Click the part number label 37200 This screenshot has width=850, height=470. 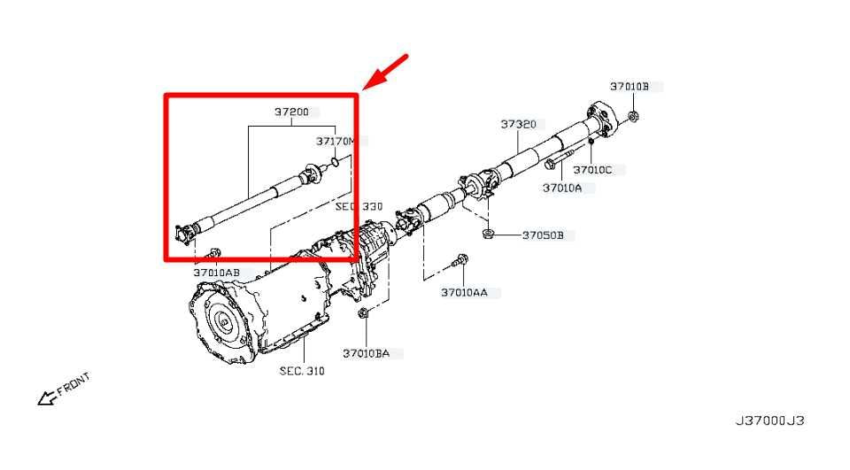(291, 112)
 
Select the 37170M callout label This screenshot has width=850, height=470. (336, 142)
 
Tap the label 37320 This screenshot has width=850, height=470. (518, 125)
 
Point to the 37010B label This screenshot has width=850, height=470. (630, 87)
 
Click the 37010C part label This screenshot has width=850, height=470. (592, 169)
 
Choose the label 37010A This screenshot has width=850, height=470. (562, 188)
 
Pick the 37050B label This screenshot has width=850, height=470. (543, 235)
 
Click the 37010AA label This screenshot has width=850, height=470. (464, 292)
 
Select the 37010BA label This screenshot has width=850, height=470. (366, 353)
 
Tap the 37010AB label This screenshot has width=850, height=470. (216, 273)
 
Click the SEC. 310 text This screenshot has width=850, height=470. (302, 371)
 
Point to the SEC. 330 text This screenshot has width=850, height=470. (359, 206)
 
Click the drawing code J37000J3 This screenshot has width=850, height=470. (769, 420)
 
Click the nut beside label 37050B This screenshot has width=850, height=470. (489, 234)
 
